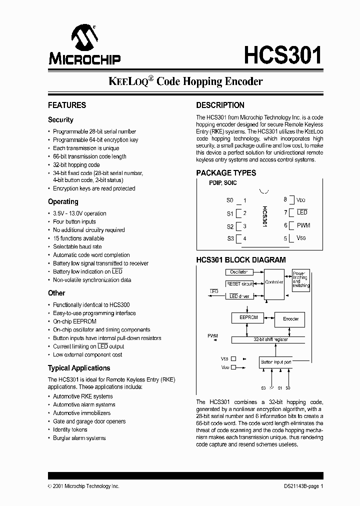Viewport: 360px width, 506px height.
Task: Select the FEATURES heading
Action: click(67, 105)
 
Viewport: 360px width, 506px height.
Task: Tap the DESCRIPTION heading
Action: click(220, 105)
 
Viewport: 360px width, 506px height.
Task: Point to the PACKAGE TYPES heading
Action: click(226, 172)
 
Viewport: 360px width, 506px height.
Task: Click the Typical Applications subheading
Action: click(79, 368)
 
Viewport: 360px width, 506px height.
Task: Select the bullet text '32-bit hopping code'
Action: click(76, 164)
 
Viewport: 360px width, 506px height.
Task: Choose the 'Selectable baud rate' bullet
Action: click(77, 246)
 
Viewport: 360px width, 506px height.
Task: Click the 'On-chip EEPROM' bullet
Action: click(75, 321)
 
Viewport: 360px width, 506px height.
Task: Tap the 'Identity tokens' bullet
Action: click(70, 429)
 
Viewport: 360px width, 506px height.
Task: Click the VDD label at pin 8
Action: click(301, 200)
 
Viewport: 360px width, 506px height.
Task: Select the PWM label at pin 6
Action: click(303, 225)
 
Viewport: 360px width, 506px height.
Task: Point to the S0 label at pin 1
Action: click(229, 200)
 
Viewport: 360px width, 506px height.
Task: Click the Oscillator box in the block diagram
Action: click(238, 272)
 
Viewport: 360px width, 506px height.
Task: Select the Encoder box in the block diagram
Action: click(290, 318)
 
